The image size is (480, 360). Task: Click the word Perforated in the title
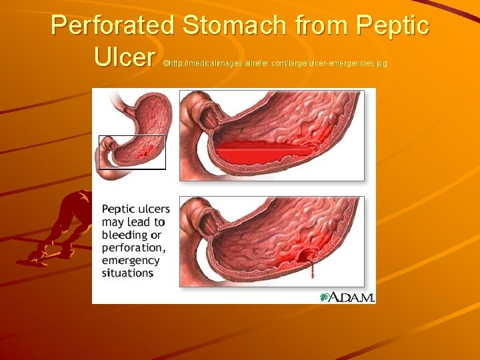tap(113, 26)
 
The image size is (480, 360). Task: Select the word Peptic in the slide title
tap(393, 26)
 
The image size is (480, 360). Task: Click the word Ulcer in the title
tap(125, 57)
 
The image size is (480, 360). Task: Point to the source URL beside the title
tap(275, 63)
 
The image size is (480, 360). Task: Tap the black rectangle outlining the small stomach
tap(99, 152)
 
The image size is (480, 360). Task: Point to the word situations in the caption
tap(127, 273)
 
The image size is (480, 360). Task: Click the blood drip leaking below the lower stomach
tap(310, 271)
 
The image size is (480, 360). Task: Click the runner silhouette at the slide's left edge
tap(63, 227)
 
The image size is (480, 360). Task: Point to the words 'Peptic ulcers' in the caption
tap(135, 209)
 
